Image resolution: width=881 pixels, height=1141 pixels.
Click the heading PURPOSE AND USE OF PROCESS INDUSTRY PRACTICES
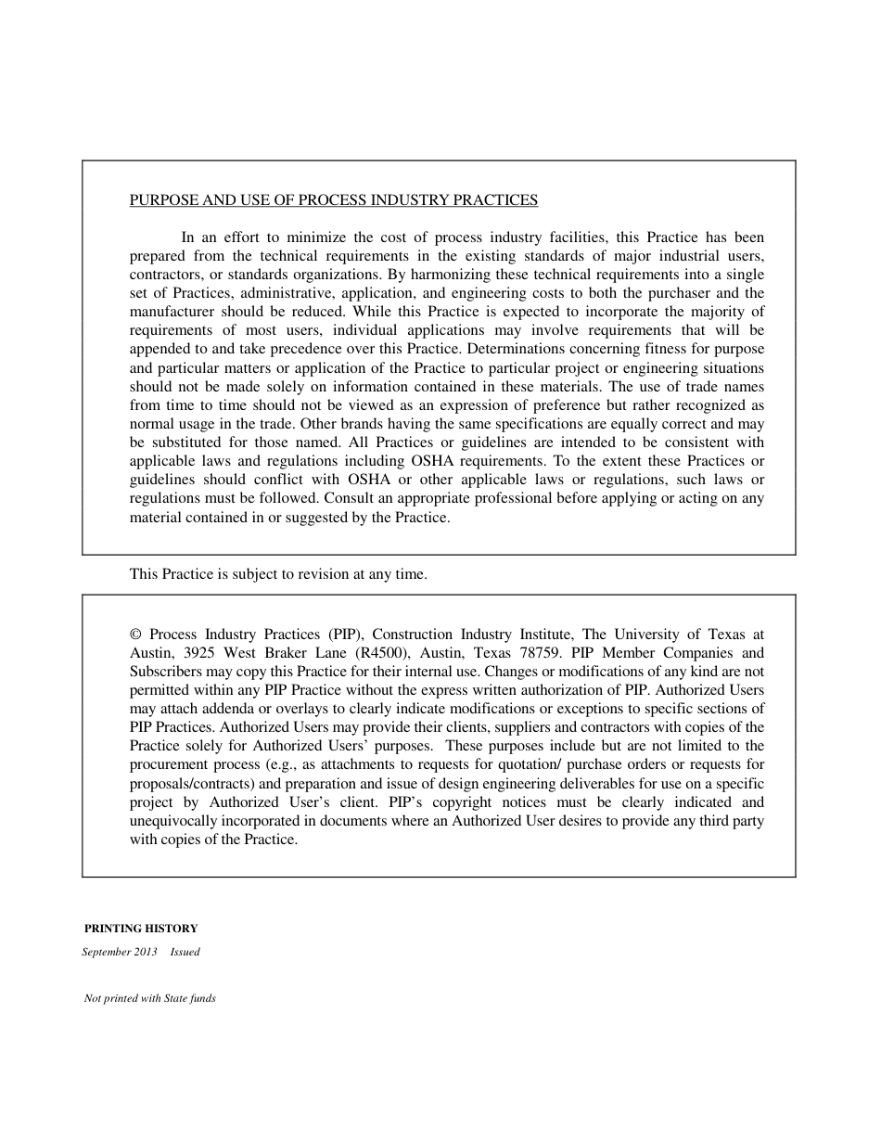(333, 199)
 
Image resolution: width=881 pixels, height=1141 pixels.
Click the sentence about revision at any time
(278, 574)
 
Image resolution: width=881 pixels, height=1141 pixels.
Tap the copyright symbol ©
(135, 635)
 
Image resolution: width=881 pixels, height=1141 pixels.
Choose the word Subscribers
(164, 672)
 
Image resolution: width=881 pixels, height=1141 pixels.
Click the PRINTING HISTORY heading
(141, 928)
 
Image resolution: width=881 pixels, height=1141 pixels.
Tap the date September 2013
(120, 952)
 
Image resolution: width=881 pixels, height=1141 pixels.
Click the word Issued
(185, 952)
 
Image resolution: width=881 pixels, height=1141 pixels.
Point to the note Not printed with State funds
(150, 998)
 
